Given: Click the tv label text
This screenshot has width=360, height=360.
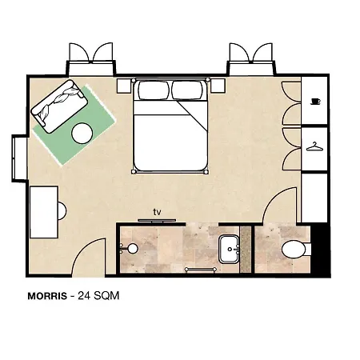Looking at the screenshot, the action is (157, 212).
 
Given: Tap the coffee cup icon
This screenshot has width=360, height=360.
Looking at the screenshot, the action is (316, 102).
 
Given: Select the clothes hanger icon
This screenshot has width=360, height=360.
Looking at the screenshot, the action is (314, 146).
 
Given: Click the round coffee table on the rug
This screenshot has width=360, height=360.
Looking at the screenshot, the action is (82, 134).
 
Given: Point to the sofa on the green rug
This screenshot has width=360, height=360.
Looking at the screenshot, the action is (59, 106).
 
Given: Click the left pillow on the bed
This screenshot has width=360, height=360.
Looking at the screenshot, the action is (154, 90).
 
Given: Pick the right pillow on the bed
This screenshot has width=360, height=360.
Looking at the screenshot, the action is (187, 90).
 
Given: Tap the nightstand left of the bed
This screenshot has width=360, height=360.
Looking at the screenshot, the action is (124, 86).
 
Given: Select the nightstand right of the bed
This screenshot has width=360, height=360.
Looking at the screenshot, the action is (218, 86).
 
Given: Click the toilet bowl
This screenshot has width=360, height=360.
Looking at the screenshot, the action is (294, 249).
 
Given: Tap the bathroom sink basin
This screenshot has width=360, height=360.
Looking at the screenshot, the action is (229, 249).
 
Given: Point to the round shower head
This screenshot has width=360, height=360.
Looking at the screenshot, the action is (133, 249).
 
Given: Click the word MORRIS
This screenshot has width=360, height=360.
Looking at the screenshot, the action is (47, 296).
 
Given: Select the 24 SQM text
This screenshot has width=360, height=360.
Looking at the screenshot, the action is (98, 296).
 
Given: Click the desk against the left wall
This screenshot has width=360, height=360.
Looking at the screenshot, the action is (44, 212).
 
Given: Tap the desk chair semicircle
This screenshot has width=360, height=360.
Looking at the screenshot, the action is (62, 211).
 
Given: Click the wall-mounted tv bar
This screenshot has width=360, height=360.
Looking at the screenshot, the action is (157, 221).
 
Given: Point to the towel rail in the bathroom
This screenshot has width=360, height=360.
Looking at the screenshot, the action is (200, 270).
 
